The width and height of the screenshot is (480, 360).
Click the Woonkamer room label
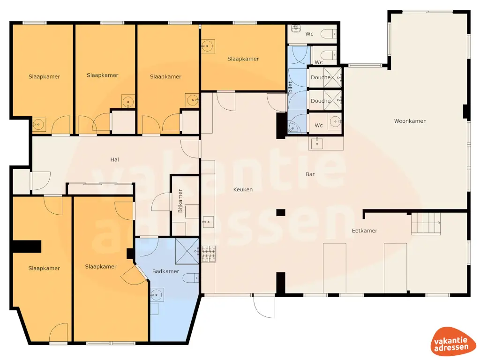[410, 121]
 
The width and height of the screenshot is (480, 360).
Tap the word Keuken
[243, 189]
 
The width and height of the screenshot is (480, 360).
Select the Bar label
[310, 174]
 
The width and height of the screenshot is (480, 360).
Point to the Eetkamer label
[364, 231]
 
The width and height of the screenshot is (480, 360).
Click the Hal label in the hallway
[114, 159]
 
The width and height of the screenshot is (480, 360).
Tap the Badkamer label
[165, 271]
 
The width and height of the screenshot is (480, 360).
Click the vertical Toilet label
[290, 89]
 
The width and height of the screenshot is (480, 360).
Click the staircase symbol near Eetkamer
[426, 223]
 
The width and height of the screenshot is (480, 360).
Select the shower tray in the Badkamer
[187, 251]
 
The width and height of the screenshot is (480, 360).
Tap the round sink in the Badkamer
[157, 295]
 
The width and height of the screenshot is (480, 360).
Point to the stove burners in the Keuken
[209, 253]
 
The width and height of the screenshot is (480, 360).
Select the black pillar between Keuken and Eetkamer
[280, 212]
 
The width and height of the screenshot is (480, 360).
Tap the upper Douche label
[321, 77]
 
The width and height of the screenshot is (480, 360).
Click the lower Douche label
[321, 101]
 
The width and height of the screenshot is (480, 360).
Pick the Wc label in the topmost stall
[309, 34]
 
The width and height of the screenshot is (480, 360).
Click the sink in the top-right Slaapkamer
[207, 46]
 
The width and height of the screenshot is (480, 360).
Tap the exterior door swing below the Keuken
[264, 307]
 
